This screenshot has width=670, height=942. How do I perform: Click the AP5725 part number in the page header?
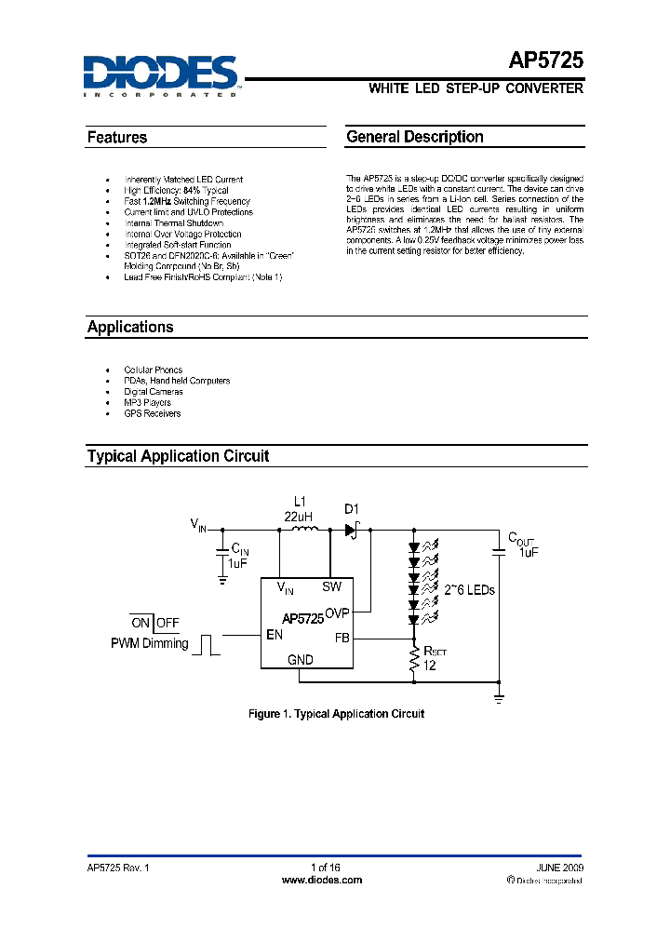(546, 61)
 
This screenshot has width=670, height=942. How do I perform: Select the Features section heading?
(117, 138)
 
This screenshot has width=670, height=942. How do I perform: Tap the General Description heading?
(415, 137)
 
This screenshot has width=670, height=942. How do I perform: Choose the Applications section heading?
(130, 328)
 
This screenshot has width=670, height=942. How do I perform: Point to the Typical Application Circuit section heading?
(178, 456)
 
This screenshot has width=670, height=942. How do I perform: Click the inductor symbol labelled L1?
(304, 530)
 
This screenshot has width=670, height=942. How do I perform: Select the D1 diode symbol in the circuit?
(353, 530)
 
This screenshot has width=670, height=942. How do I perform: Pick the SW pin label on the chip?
(332, 586)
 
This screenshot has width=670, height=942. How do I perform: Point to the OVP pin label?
(337, 614)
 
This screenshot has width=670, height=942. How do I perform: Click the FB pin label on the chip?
(342, 638)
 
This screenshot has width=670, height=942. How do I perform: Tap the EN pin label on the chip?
(274, 636)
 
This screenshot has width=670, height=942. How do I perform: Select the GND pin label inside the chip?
(301, 659)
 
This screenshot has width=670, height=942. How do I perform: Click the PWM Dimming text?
(149, 643)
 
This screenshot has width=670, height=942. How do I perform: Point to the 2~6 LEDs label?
(470, 590)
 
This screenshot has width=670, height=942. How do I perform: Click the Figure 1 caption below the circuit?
(337, 714)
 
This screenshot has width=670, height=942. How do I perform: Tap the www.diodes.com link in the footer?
(322, 880)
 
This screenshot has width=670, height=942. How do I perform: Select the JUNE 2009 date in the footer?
(560, 867)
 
